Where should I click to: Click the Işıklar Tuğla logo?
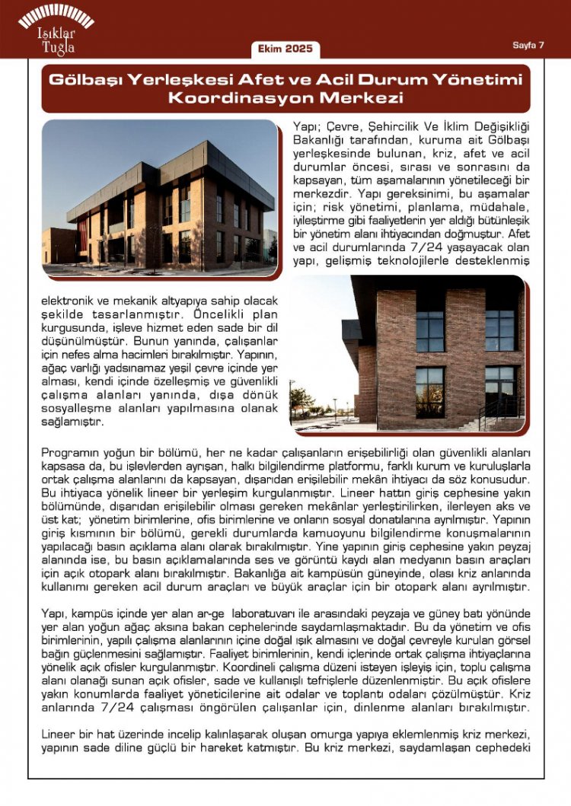[56, 30]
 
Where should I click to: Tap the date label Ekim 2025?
[285, 49]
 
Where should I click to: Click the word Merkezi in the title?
[362, 98]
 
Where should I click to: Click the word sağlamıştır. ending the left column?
[72, 421]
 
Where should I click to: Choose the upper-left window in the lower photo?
[429, 330]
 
